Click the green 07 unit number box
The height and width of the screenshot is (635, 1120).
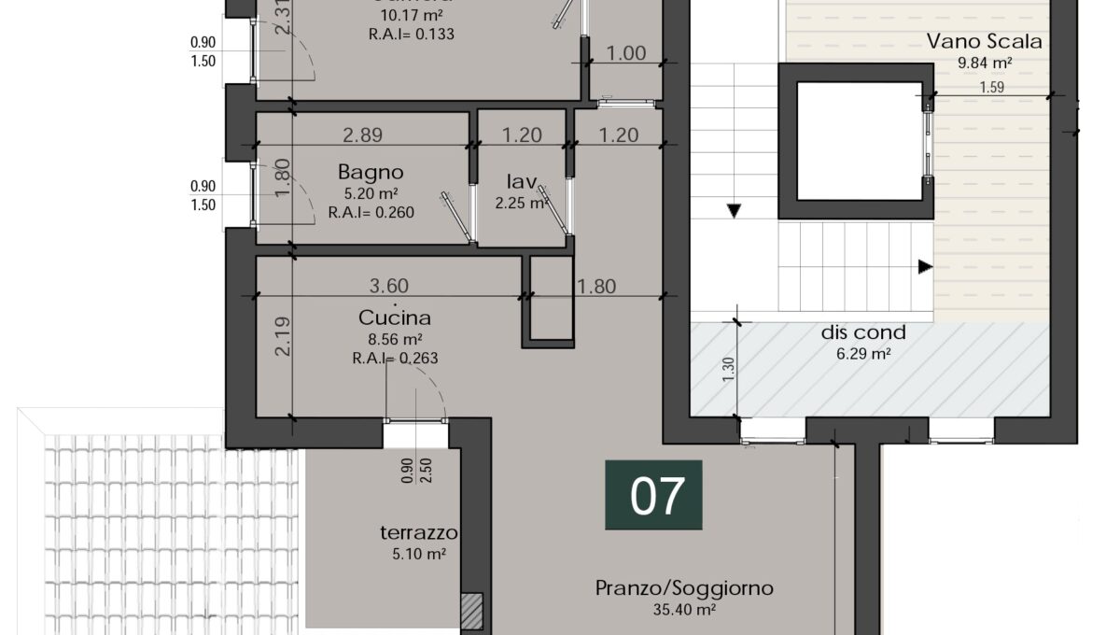pyautogui.click(x=653, y=496)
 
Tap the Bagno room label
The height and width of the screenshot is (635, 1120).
pyautogui.click(x=371, y=172)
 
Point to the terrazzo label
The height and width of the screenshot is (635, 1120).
pyautogui.click(x=418, y=533)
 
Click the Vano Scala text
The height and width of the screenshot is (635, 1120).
pyautogui.click(x=984, y=41)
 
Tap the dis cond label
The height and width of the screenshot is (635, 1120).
pyautogui.click(x=862, y=332)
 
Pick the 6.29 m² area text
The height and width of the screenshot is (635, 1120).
pyautogui.click(x=862, y=354)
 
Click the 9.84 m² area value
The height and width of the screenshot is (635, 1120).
pyautogui.click(x=984, y=63)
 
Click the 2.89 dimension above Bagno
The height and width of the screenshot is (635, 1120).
pyautogui.click(x=362, y=134)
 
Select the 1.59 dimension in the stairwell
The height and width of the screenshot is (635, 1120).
pyautogui.click(x=992, y=89)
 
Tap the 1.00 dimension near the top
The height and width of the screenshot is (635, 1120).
pyautogui.click(x=626, y=53)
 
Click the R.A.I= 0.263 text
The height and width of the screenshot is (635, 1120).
pyautogui.click(x=395, y=358)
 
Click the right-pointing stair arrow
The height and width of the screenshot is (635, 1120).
pyautogui.click(x=925, y=267)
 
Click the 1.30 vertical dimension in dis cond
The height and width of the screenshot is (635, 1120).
pyautogui.click(x=727, y=370)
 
